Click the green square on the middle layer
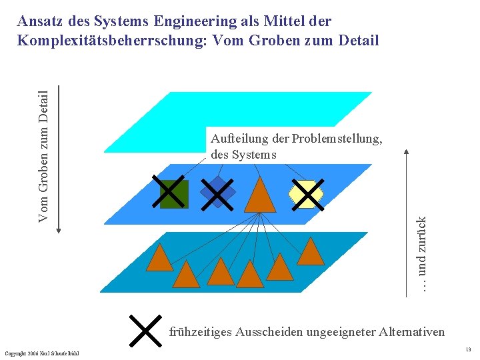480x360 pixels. pos(175,193)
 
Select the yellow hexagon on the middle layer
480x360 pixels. pos(305,194)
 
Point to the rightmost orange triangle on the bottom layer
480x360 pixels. pos(310,252)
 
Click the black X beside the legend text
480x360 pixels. pos(145,331)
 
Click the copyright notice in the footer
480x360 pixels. pos(41,353)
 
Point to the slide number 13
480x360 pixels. pos(469,349)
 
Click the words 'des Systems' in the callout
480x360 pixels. pos(243,155)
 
